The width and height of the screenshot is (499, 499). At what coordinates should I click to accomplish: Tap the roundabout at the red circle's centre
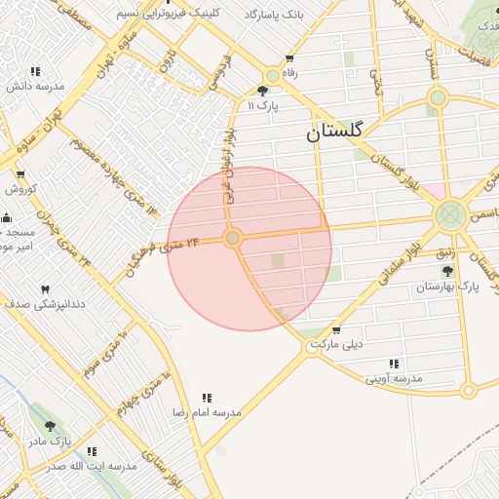click(233, 238)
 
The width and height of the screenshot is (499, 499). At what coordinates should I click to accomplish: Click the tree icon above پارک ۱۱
click(262, 91)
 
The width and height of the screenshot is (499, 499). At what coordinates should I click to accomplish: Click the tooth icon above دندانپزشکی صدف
click(44, 290)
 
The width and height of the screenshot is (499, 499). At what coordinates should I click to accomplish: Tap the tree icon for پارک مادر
click(50, 427)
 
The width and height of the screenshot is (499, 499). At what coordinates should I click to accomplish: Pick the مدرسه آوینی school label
click(395, 376)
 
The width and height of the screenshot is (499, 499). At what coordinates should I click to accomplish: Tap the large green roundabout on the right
click(450, 214)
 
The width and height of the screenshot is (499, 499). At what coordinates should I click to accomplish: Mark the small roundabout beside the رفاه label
click(272, 75)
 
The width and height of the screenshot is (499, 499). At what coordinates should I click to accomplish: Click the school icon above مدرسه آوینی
click(395, 363)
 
